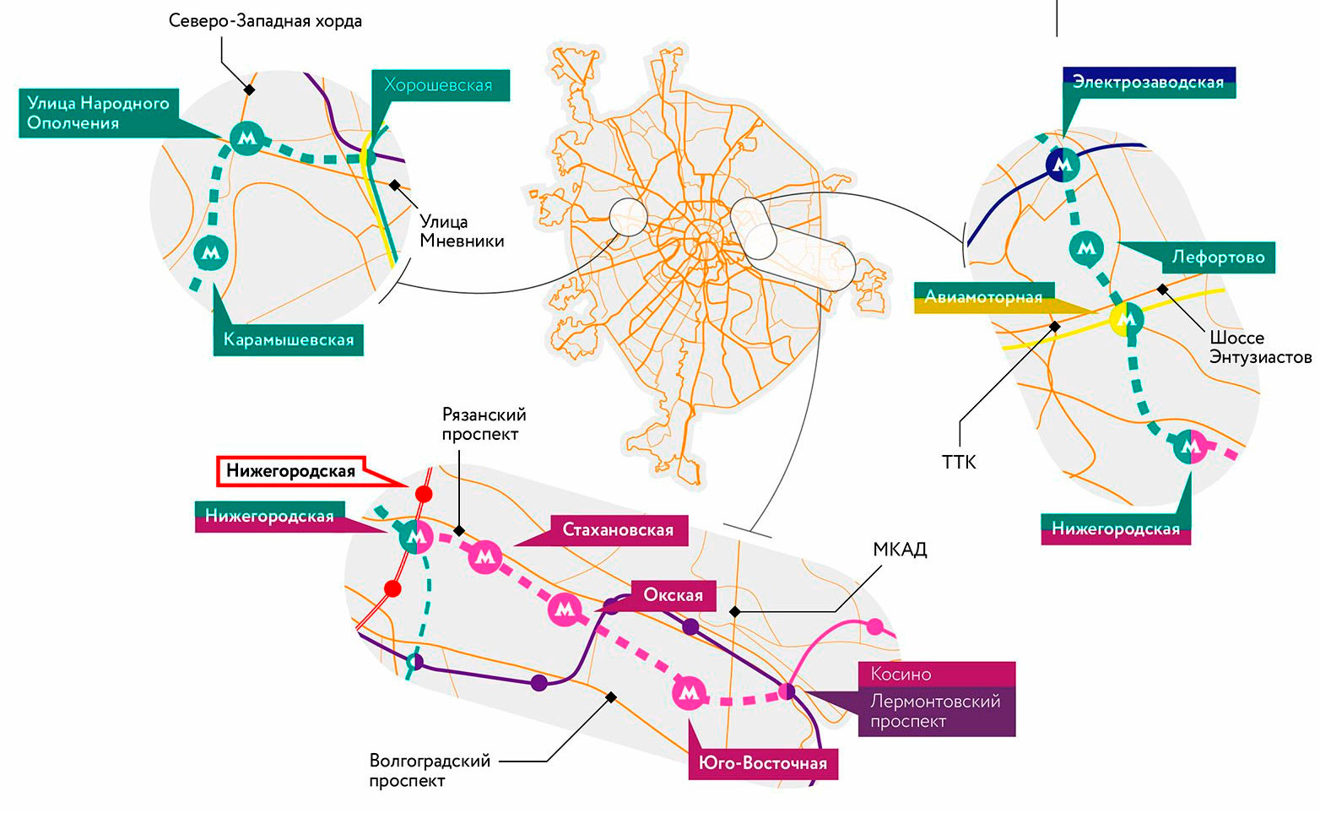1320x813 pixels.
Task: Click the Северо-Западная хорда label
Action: point(265,20)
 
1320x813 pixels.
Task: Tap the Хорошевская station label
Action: point(438,84)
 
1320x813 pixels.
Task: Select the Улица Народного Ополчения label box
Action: point(98,113)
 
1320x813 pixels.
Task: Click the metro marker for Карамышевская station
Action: point(211,252)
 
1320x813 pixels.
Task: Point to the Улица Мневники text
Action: point(462,230)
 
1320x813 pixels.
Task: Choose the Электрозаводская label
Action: point(1148,82)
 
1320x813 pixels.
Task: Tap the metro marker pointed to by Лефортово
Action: point(1086,248)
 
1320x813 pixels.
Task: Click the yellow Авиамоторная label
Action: point(983,297)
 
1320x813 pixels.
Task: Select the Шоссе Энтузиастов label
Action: point(1260,347)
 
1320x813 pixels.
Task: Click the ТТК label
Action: point(959,462)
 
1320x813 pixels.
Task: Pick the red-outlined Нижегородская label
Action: point(290,471)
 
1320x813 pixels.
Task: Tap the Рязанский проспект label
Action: point(484,424)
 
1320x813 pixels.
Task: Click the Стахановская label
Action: point(618,530)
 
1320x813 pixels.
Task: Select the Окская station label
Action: point(673,595)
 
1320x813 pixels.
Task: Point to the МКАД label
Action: point(900,550)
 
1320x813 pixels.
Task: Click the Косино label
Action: point(901,675)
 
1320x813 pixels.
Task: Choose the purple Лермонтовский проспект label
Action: point(935,711)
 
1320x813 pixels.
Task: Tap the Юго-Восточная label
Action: point(762,763)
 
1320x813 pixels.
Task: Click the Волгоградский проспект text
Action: point(430,770)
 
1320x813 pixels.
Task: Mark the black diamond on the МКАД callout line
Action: point(735,611)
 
